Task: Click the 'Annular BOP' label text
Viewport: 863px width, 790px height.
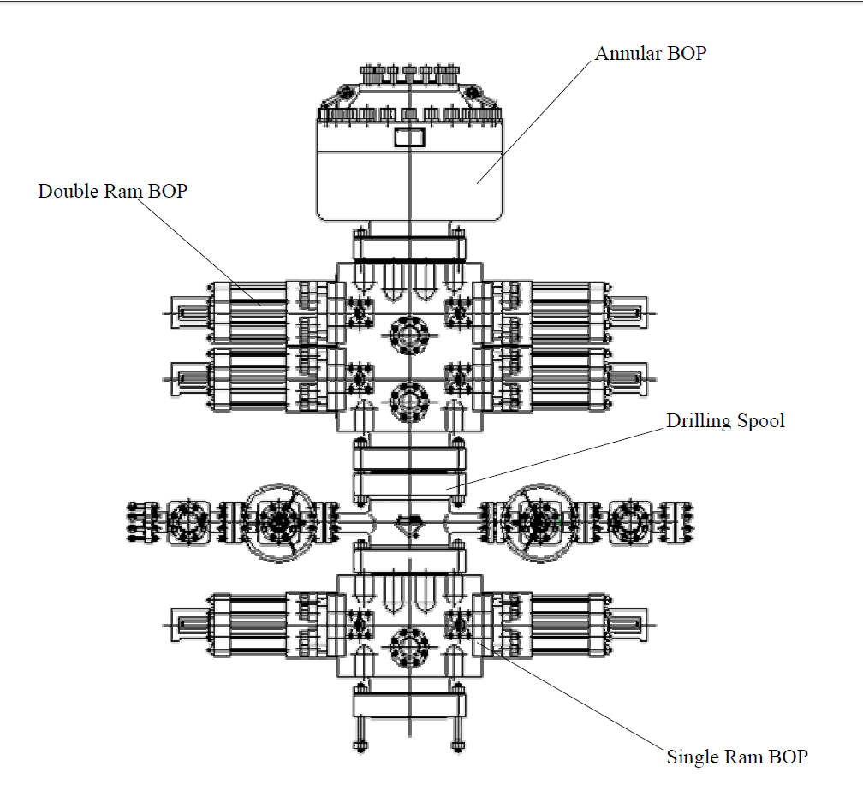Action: click(651, 53)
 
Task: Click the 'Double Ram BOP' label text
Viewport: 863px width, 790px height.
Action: click(112, 191)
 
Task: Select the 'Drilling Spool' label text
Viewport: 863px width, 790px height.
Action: click(725, 420)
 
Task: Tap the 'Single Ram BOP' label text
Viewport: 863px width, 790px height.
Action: click(736, 757)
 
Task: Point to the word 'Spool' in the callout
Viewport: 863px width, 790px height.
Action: click(760, 420)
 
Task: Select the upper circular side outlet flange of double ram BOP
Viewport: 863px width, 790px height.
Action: click(409, 334)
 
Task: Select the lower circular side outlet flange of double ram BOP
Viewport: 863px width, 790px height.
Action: click(409, 400)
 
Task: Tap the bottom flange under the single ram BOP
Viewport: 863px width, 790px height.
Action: click(409, 703)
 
